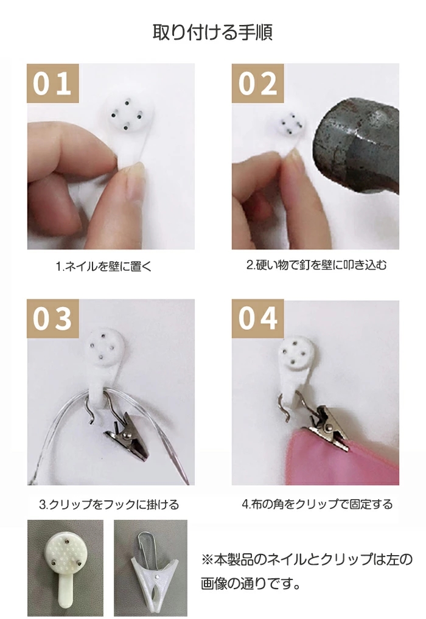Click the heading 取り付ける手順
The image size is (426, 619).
(x=212, y=32)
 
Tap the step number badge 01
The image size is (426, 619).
(x=52, y=83)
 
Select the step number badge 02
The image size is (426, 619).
(x=257, y=83)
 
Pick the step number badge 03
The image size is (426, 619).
(x=52, y=318)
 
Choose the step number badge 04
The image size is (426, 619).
(x=257, y=318)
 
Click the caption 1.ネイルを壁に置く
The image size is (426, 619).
(x=104, y=267)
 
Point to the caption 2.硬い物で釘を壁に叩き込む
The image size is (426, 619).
(x=316, y=265)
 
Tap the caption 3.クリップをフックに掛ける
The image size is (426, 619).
(x=109, y=505)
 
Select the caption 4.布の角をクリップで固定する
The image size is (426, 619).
(x=317, y=504)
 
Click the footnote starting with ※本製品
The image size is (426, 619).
(x=307, y=571)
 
